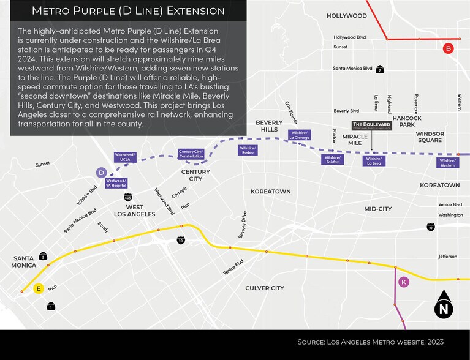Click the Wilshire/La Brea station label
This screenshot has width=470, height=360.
coord(373,161)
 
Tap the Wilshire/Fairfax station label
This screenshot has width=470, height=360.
coord(333,159)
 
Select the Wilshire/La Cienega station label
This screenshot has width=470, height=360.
coord(299,135)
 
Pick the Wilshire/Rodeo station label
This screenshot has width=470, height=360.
coord(248,150)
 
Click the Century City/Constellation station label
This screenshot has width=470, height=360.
coord(191,154)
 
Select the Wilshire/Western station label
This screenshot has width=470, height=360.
coord(447,162)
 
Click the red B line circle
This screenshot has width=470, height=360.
coord(449,48)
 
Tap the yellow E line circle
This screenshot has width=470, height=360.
coord(39,288)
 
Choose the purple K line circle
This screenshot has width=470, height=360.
coord(403,282)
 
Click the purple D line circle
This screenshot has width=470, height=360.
coord(102,173)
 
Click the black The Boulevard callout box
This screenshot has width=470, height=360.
coord(373,125)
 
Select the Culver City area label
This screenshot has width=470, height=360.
coord(265,288)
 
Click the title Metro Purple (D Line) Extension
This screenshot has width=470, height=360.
coord(127,11)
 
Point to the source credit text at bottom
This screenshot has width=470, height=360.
coord(370,342)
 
